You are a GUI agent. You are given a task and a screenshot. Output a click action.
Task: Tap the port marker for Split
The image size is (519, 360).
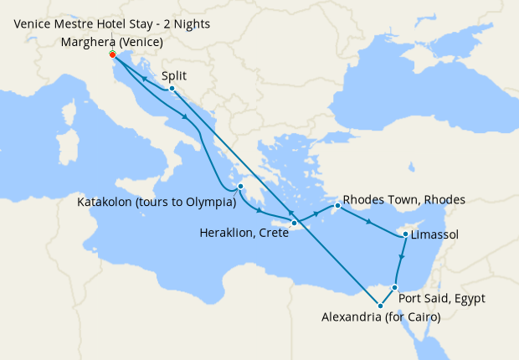pos(172,88)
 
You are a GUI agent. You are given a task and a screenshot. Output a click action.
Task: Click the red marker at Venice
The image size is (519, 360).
pos(113,54)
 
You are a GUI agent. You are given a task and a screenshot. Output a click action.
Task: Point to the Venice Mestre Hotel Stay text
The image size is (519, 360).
pos(113,23)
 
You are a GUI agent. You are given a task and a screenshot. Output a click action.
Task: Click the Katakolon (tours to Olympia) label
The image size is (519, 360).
pos(155,202)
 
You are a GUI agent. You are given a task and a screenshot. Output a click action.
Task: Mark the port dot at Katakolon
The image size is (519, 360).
pos(240,187)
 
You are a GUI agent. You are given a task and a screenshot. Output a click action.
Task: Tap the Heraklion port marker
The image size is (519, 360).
pos(295,223)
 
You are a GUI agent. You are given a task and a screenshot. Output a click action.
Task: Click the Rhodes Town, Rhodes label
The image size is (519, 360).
pos(403,200)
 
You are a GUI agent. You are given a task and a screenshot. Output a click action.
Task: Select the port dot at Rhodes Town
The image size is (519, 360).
pos(337,205)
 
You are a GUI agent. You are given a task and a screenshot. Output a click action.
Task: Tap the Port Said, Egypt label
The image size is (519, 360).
pos(441,298)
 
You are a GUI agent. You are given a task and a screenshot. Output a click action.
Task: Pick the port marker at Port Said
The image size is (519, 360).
pos(395,287)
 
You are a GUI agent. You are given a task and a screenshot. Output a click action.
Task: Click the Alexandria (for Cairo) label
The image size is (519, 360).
pos(381,316)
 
